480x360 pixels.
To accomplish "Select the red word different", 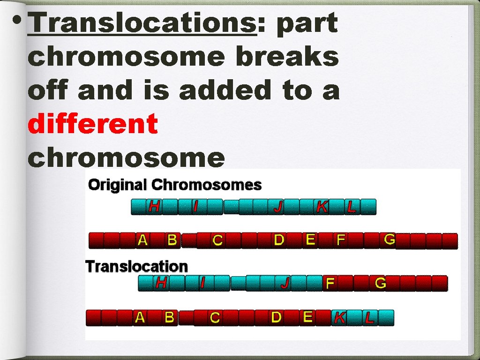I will tap(93, 124).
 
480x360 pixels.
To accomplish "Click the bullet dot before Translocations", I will tap(17, 21).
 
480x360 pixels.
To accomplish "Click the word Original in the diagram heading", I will tap(118, 185).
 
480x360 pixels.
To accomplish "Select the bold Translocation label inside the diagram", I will tap(136, 266).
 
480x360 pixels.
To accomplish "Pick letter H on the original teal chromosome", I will tap(154, 206).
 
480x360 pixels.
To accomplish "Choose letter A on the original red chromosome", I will tap(142, 240).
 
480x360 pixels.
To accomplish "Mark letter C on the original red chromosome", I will tap(217, 240).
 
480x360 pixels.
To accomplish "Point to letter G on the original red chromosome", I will tap(390, 239).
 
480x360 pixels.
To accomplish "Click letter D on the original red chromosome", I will tap(279, 240).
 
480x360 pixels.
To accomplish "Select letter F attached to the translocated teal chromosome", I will tap(330, 283).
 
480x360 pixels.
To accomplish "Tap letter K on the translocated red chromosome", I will tap(340, 318).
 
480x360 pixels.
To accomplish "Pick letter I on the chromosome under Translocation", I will tap(202, 283).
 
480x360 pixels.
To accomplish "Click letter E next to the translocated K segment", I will tap(307, 317).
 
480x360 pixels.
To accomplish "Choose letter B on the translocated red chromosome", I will tap(169, 317).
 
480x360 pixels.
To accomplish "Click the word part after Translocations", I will tap(307, 23).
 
